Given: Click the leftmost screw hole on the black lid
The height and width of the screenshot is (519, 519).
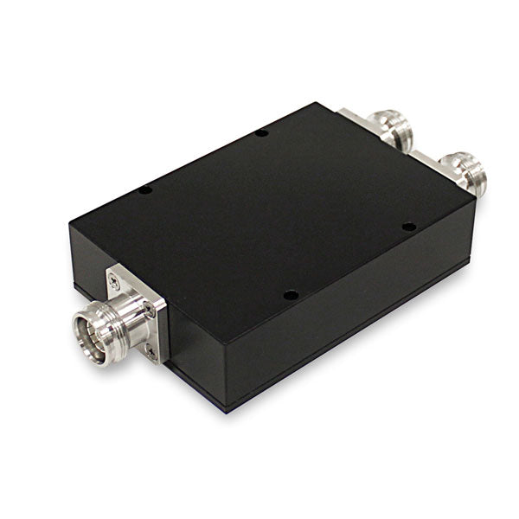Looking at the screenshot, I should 145,189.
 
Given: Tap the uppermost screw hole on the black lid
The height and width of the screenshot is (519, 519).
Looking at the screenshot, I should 260,133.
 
